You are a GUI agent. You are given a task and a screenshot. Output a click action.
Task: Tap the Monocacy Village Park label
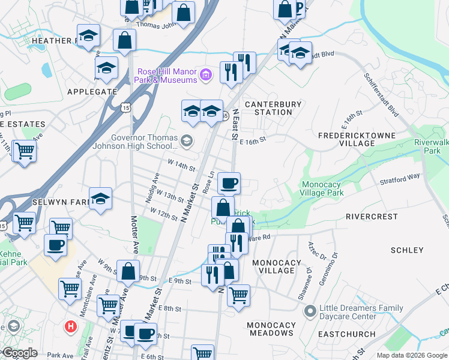322,189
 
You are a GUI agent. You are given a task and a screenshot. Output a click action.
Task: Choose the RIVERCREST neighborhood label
372,216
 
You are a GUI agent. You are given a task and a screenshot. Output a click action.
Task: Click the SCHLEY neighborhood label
407,250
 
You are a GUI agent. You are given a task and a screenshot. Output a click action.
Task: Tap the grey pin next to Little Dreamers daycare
310,311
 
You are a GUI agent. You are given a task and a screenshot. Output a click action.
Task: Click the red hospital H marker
71,327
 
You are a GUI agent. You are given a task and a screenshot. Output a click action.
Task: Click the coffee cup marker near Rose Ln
228,182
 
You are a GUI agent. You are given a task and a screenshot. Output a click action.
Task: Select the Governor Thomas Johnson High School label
134,140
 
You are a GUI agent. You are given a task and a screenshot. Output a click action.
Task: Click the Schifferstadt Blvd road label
381,96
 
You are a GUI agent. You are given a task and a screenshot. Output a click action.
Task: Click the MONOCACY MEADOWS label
271,329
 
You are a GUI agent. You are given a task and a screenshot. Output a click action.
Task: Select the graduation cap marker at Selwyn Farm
100,199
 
